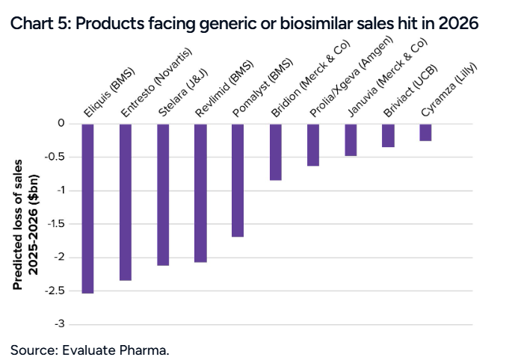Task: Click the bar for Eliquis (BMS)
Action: [87, 208]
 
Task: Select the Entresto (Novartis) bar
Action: [125, 202]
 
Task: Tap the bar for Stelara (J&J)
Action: [163, 194]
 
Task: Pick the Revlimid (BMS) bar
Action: [200, 193]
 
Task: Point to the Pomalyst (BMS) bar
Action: [238, 180]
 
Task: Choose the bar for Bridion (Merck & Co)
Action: [275, 152]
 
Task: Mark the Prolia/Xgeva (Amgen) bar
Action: [312, 144]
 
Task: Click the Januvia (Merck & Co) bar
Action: [350, 140]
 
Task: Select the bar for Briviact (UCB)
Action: [387, 135]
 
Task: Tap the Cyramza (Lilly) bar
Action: [425, 132]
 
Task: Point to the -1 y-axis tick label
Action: [58, 190]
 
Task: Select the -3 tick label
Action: [58, 324]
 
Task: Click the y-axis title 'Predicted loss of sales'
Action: [16, 224]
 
